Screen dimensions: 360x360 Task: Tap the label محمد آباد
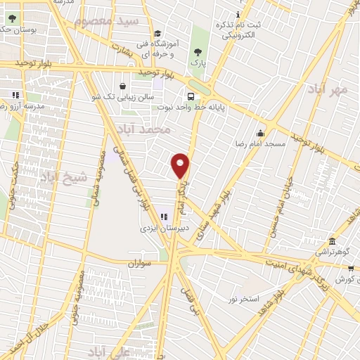[155, 130]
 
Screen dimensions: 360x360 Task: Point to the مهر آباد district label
[327, 90]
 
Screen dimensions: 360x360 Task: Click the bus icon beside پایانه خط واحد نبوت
[191, 98]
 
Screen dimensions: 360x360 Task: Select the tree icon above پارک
[199, 51]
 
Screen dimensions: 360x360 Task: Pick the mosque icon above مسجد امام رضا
[260, 134]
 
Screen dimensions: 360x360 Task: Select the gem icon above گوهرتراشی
[330, 240]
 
